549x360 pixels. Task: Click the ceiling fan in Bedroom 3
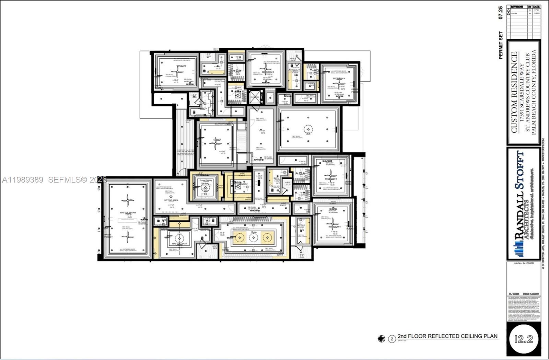[x=266, y=69]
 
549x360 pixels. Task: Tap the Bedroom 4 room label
[x=339, y=79]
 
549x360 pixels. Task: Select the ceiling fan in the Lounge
[x=216, y=144]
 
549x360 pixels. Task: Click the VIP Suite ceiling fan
[x=177, y=71]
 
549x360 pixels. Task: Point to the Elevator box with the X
[x=255, y=96]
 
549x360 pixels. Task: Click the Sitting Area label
[x=171, y=200]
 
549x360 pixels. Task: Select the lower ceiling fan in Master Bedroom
[x=128, y=236]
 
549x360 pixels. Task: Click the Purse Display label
[x=206, y=181]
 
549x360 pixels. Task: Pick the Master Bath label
[x=179, y=244]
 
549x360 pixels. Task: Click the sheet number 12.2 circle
[x=524, y=339]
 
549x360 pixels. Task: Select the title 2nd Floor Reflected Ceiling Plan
[x=447, y=336]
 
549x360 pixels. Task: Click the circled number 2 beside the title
[x=392, y=339]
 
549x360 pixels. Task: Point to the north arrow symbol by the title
[x=382, y=339]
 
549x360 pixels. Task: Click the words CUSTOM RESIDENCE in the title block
[x=514, y=92]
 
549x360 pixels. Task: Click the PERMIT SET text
[x=501, y=45]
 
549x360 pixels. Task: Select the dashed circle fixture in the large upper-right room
[x=308, y=129]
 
